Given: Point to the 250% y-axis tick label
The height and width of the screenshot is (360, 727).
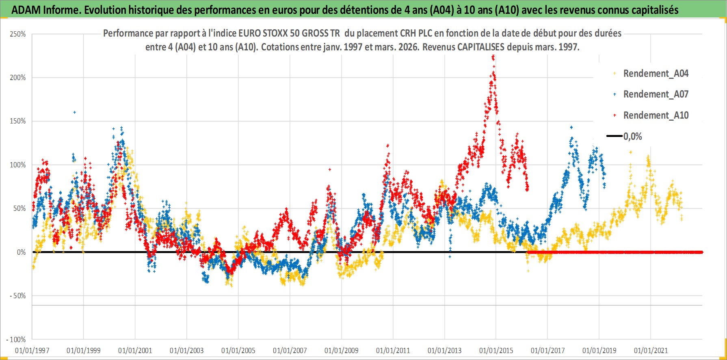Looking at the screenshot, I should (x=18, y=34).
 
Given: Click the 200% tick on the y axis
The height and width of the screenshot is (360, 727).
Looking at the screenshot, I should (x=18, y=78).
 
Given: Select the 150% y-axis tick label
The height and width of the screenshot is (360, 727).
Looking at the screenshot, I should (x=18, y=121).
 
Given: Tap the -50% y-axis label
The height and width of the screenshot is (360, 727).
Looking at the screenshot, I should (x=17, y=296).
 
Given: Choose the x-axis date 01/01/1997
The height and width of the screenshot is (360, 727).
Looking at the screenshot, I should (x=32, y=350).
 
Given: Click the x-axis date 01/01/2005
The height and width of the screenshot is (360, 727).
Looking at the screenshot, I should (x=238, y=350).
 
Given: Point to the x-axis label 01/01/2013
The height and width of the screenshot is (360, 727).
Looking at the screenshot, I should (x=445, y=350).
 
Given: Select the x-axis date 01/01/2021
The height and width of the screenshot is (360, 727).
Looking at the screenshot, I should (x=651, y=350).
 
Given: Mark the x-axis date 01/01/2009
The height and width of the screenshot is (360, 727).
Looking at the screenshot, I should (x=342, y=350).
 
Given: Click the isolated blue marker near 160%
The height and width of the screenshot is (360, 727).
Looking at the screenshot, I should (x=74, y=112).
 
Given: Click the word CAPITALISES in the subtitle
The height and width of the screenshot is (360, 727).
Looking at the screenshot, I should (x=480, y=47).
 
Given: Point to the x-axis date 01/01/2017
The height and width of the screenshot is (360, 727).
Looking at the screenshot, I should (x=547, y=350).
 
